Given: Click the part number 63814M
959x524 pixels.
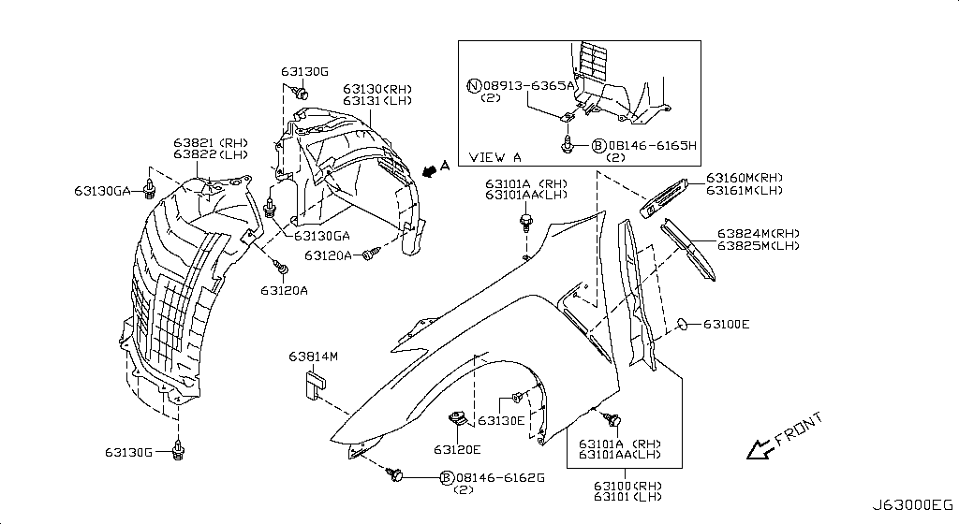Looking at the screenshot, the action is (313, 357).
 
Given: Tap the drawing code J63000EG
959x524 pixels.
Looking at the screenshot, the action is (912, 505).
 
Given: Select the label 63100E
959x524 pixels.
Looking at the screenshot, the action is (726, 325).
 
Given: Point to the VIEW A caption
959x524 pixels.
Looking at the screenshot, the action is (494, 157).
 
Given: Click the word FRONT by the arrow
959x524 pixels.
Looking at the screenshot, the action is (799, 429).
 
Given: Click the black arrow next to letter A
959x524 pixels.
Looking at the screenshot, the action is (431, 169).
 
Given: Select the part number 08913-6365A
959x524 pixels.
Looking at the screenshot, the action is (529, 85).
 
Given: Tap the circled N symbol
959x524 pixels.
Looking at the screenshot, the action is (474, 85).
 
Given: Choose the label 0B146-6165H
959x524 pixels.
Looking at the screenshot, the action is (652, 146).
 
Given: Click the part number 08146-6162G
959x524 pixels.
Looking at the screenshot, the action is (500, 477).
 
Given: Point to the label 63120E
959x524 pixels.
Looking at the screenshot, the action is (457, 450).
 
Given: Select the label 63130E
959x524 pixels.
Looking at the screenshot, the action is (501, 421).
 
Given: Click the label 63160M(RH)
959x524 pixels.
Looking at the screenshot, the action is (745, 178).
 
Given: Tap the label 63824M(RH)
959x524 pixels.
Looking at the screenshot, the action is (759, 233).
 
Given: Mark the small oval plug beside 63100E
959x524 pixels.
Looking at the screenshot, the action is (683, 325).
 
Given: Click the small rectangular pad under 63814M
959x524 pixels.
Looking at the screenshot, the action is (315, 385).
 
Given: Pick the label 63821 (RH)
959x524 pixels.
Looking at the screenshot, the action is (211, 143).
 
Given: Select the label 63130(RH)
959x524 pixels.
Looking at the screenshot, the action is (377, 89).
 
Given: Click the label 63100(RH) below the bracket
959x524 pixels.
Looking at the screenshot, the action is (627, 487).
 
